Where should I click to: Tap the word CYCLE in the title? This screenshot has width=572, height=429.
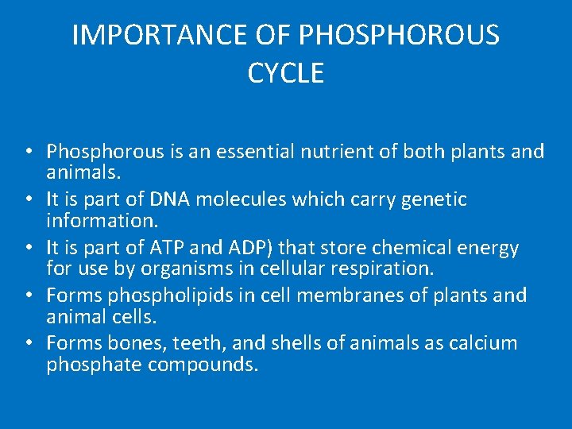(x=286, y=74)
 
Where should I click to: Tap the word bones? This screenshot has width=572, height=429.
(x=131, y=343)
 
